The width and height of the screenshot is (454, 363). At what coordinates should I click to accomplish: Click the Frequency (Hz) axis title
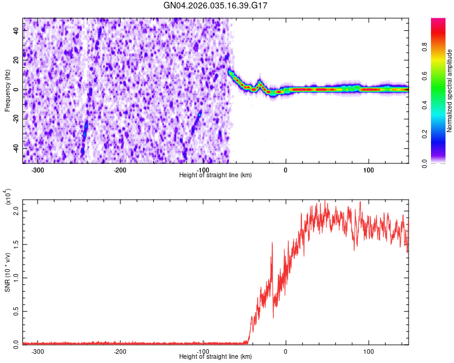coord(7,91)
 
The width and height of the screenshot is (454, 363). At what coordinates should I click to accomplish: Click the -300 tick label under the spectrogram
coord(38,169)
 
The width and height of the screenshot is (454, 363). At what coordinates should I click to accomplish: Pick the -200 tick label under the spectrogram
coord(120,169)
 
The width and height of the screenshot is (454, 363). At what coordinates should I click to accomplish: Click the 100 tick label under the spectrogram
coord(369,169)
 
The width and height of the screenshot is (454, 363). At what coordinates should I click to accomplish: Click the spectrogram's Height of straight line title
coord(216,175)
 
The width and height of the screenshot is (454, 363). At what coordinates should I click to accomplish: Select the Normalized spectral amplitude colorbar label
coord(450,91)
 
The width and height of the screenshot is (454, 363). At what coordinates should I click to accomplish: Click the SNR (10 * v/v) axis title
coord(7,266)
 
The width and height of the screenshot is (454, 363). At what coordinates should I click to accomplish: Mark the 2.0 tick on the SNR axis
coord(16,212)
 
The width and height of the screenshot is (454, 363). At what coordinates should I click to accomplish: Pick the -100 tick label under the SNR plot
coord(203,351)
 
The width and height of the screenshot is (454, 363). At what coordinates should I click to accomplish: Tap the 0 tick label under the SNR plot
coord(286,351)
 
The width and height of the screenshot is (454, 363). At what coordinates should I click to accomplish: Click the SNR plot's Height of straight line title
coord(216,357)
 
